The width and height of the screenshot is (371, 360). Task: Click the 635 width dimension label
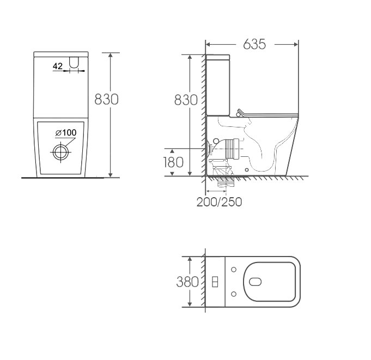click(x=254, y=44)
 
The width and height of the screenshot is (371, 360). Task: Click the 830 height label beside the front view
click(x=106, y=99)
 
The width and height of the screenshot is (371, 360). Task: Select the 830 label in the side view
click(x=186, y=100)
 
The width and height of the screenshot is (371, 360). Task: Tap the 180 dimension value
click(x=173, y=162)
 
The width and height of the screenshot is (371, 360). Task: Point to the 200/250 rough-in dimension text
click(x=220, y=202)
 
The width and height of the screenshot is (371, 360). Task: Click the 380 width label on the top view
click(x=187, y=282)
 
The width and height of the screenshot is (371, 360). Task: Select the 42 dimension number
click(x=58, y=66)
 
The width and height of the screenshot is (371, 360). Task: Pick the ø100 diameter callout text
click(x=66, y=133)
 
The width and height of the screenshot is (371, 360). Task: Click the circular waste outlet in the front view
click(x=61, y=152)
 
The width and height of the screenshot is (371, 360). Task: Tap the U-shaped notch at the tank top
click(x=74, y=63)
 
